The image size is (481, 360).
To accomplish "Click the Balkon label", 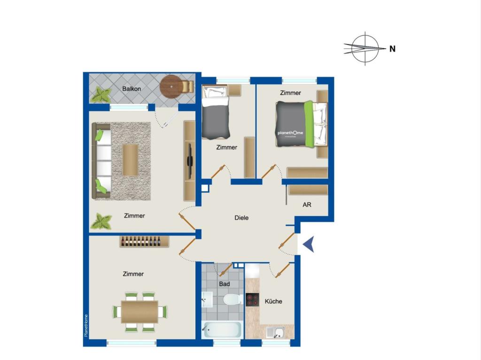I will pyautogui.click(x=132, y=89).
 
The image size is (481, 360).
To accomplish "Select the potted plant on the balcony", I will pyautogui.click(x=101, y=95).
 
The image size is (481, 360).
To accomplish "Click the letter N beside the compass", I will pyautogui.click(x=392, y=48).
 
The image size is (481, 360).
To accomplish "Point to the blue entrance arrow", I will pyautogui.click(x=308, y=245).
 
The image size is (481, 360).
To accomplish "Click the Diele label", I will pyautogui.click(x=241, y=218).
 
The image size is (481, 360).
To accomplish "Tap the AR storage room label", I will pyautogui.click(x=307, y=205).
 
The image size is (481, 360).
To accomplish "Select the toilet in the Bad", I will pyautogui.click(x=232, y=299).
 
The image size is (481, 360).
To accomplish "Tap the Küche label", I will pyautogui.click(x=273, y=301).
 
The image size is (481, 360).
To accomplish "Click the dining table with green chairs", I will pyautogui.click(x=140, y=311).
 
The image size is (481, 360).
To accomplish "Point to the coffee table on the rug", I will pyautogui.click(x=130, y=160).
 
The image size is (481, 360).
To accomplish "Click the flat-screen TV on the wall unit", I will pyautogui.click(x=190, y=160).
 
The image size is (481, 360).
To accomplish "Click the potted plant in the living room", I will pyautogui.click(x=101, y=222).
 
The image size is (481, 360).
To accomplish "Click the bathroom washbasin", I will pyautogui.click(x=207, y=299).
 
